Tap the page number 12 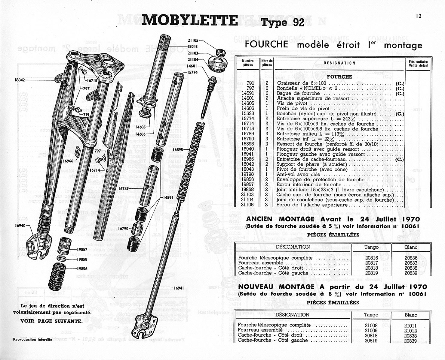pos(419,16)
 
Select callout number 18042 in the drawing pos(20,80)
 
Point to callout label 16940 pos(20,225)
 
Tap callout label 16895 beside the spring pos(178,149)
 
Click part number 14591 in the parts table pos(248,93)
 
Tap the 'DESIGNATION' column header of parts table pos(339,63)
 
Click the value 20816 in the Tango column pos(371,258)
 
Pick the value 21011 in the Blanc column pos(411,325)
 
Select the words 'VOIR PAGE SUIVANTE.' pos(51,320)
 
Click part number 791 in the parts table pos(250,83)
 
